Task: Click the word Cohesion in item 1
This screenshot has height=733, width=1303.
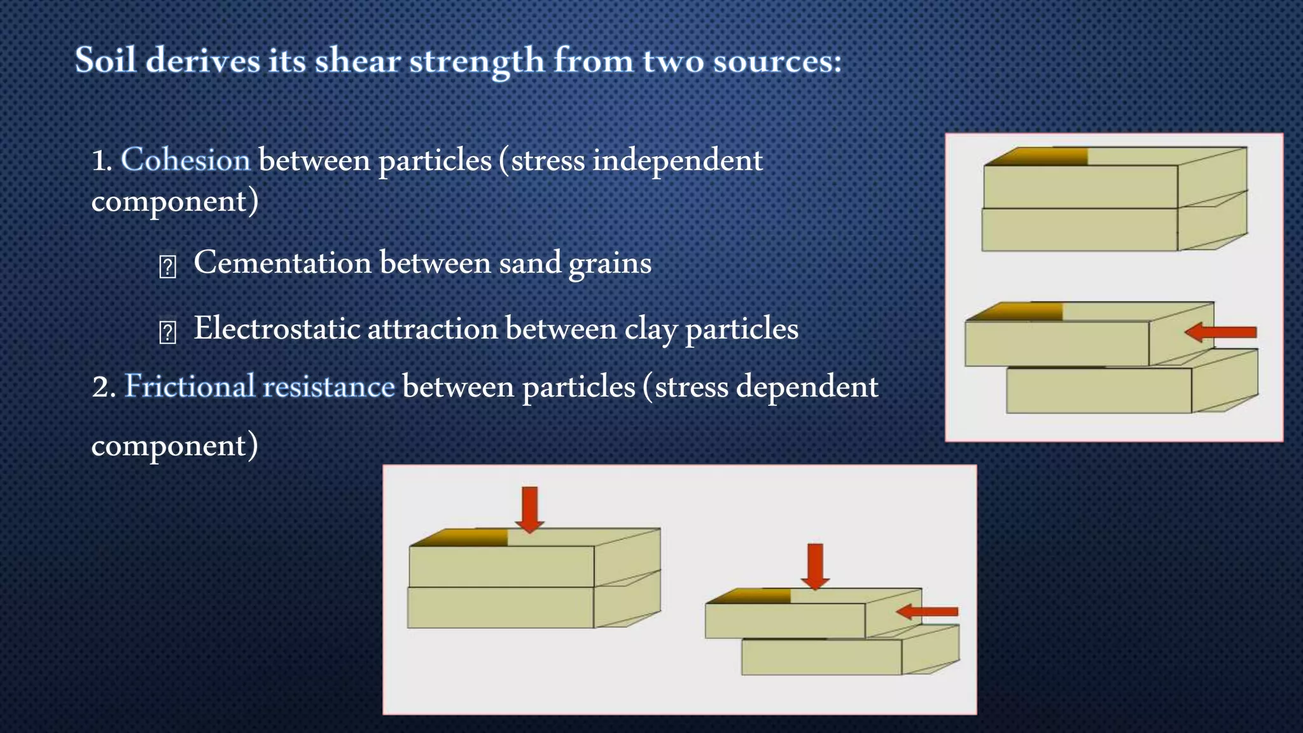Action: pyautogui.click(x=185, y=159)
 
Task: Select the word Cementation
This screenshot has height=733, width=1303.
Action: pyautogui.click(x=282, y=263)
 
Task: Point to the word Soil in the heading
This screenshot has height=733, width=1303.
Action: pyautogui.click(x=106, y=60)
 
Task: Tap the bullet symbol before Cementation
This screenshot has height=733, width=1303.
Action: pyautogui.click(x=167, y=267)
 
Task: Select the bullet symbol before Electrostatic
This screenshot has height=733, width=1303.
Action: pyautogui.click(x=167, y=332)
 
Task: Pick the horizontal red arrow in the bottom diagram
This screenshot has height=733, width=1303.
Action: pyautogui.click(x=927, y=611)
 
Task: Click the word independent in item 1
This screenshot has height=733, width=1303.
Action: pyautogui.click(x=677, y=160)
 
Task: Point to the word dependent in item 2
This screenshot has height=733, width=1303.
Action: pyautogui.click(x=807, y=387)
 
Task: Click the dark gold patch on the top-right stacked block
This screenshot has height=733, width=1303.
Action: pyautogui.click(x=1043, y=157)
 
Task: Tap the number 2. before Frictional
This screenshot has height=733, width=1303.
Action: pyautogui.click(x=104, y=387)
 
